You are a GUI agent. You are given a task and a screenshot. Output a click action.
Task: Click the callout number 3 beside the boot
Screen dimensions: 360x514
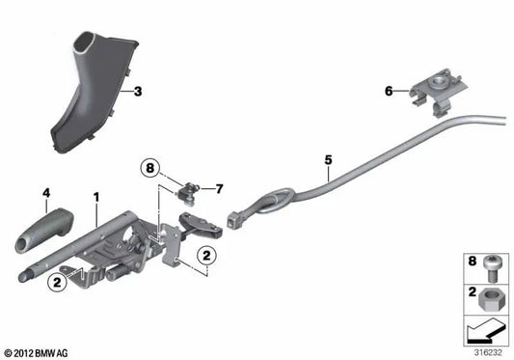[138, 92]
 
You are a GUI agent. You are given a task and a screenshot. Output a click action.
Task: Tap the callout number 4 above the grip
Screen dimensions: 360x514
[44, 194]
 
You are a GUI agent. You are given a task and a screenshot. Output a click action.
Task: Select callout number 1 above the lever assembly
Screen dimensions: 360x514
[95, 197]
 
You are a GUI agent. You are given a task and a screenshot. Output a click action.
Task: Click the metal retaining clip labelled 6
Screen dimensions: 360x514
[433, 90]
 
